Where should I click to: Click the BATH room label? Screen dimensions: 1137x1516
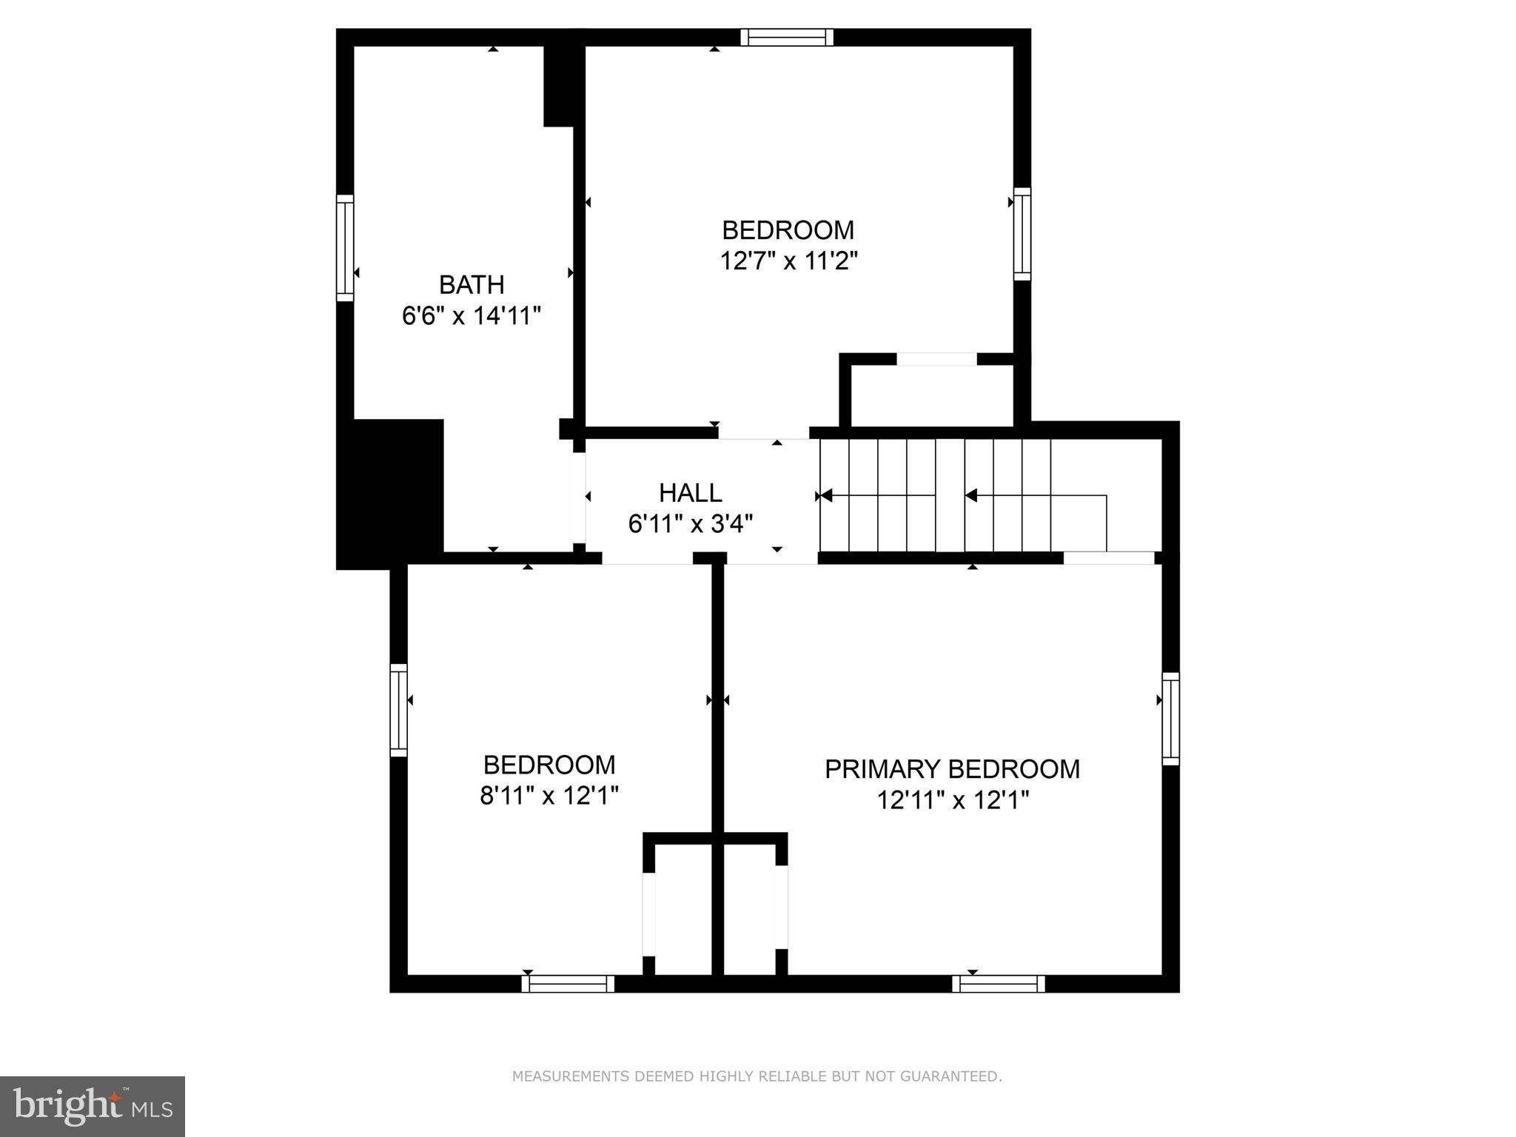coord(472,285)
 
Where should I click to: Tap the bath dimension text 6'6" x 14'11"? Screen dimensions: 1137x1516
coord(472,317)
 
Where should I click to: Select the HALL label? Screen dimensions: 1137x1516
coord(691,493)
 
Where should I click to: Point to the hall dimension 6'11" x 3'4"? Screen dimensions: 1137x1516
coord(691,524)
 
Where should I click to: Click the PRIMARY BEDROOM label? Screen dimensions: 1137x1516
coord(952,769)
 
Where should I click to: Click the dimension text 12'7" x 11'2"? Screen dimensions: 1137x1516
coord(788,261)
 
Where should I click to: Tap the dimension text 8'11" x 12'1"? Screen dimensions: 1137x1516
coord(549,796)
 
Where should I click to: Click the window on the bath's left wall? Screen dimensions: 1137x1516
coord(345,248)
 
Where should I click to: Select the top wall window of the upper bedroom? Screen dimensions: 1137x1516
coord(787,37)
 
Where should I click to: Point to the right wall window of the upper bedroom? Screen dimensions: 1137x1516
coord(1022,234)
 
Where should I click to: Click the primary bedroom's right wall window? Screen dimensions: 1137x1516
coord(1170,718)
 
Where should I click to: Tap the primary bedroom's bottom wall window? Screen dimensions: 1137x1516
coord(998,984)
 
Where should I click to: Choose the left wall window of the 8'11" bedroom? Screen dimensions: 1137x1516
coord(398,710)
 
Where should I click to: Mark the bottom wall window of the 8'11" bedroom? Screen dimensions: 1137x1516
coord(568,984)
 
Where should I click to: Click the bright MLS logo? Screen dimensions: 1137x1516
coord(93,1106)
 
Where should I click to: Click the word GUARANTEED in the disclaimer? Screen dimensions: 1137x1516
coord(950,1076)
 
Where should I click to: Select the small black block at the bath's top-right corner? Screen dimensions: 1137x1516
coord(560,86)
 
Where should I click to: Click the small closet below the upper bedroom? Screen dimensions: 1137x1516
coord(932,396)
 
